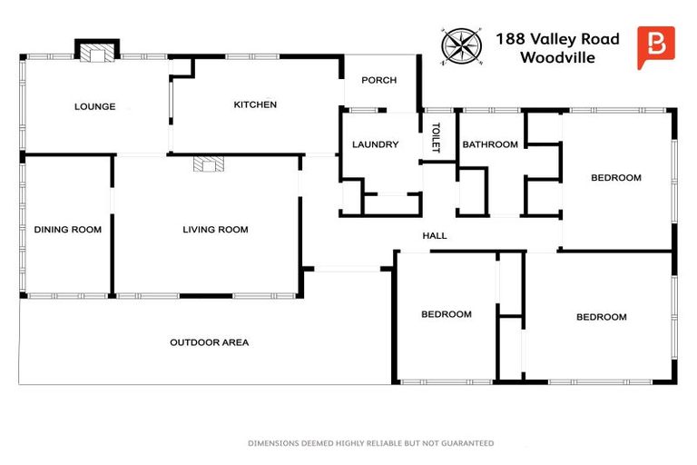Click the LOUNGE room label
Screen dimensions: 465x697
94,106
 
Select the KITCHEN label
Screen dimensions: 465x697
255,104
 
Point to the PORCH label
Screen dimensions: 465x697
378,80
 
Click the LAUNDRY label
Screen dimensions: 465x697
375,144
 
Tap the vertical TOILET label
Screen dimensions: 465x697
436,137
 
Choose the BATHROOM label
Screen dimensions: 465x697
490,144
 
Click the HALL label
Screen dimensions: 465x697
435,236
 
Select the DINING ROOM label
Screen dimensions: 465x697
68,230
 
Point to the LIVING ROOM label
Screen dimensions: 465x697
215,230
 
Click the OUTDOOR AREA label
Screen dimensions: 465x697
209,342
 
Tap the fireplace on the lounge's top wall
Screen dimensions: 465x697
95,54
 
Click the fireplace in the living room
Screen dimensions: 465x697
208,164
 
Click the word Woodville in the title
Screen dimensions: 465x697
557,57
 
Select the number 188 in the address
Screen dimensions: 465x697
510,39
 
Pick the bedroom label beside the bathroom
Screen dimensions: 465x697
616,178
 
